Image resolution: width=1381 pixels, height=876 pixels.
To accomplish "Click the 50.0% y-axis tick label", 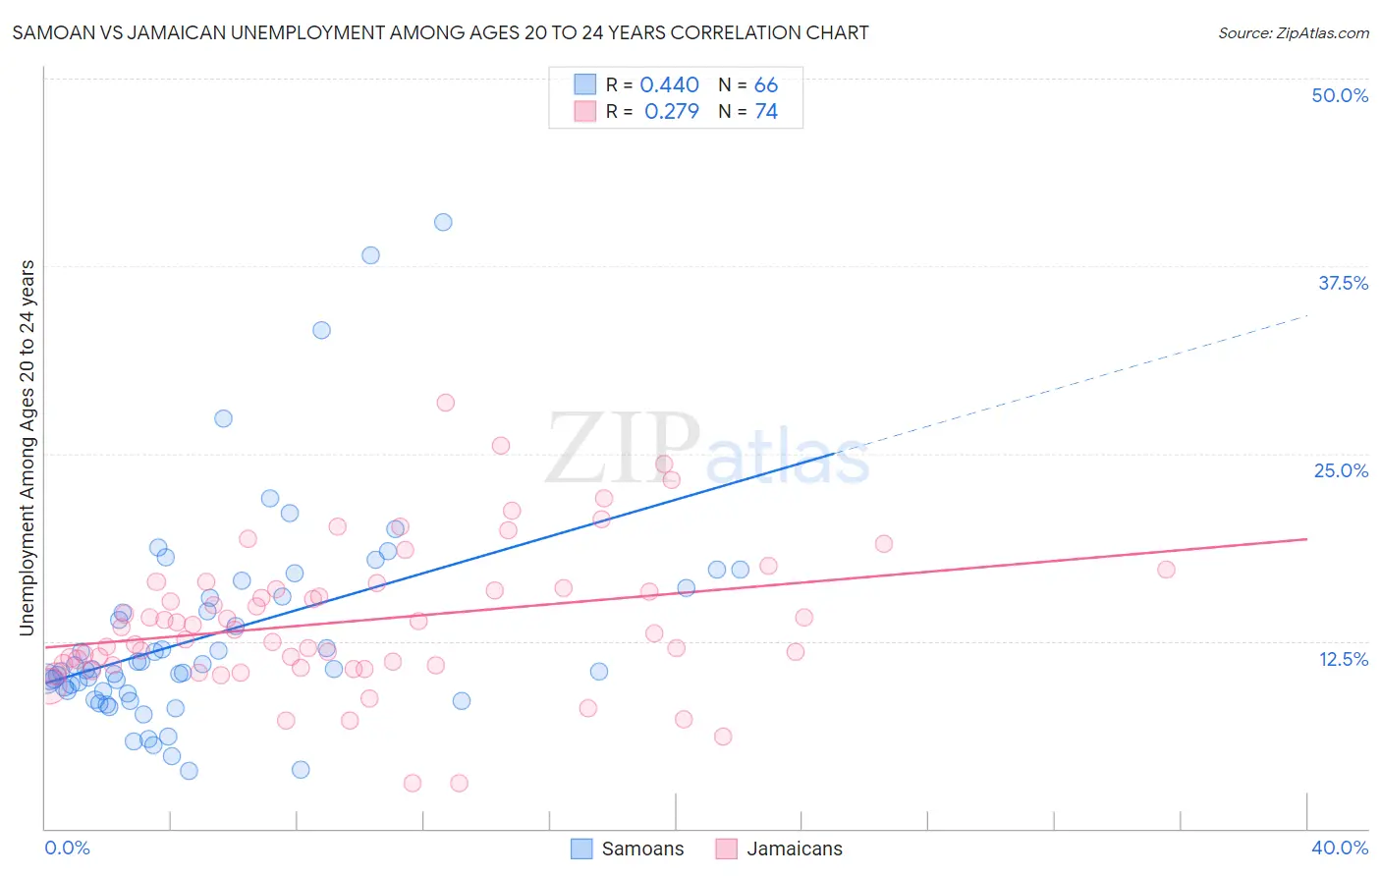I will click(1340, 95).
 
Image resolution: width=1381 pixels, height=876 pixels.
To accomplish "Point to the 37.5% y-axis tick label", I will click(1343, 283).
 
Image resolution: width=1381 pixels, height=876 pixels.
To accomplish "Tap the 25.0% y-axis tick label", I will click(1341, 470).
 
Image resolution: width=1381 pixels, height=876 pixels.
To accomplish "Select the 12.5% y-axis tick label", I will click(1343, 659).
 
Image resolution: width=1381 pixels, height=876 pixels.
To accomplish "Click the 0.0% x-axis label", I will click(67, 848).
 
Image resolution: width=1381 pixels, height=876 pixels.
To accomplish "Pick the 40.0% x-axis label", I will click(1339, 848).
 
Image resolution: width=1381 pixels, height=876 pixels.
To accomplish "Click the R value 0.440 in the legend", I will click(669, 85).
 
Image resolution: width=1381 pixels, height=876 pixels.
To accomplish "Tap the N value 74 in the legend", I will click(766, 112).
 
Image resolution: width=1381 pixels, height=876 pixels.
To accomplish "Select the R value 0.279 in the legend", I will click(671, 112).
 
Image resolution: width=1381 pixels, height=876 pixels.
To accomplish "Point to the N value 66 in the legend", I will click(766, 85).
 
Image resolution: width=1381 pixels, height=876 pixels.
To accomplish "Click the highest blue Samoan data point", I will click(443, 222).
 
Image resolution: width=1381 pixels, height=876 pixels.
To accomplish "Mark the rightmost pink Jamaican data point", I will click(1166, 570).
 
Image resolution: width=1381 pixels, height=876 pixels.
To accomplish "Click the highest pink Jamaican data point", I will click(445, 403).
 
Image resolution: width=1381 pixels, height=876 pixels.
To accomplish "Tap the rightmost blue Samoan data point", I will click(741, 570).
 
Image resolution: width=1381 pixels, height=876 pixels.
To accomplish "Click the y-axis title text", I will click(28, 448).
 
